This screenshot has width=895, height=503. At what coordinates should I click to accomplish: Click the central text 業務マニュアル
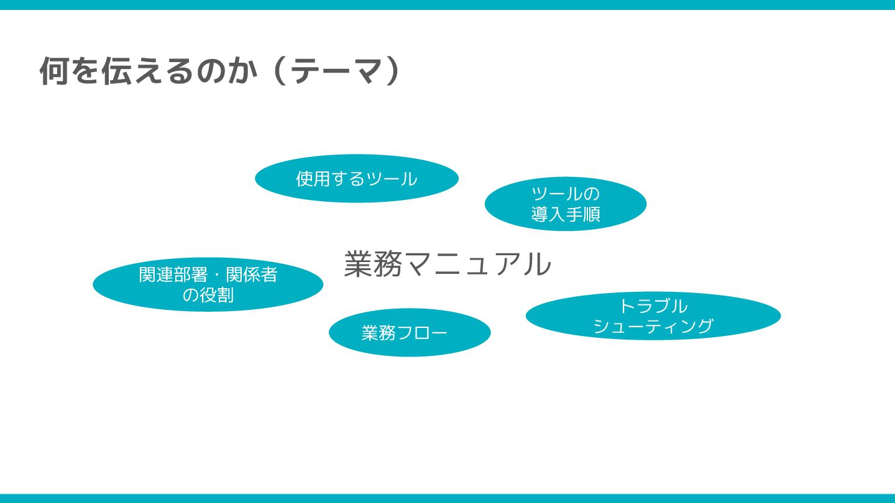click(447, 264)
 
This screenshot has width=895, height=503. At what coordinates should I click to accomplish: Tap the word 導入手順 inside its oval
click(565, 214)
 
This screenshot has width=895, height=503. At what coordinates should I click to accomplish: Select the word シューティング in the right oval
click(653, 326)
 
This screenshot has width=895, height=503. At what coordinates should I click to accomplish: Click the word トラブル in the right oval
click(653, 306)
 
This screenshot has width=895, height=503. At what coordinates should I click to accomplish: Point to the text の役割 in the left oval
click(208, 295)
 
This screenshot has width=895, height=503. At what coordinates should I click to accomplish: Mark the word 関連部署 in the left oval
click(173, 274)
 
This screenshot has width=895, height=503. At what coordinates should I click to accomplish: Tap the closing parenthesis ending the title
click(390, 71)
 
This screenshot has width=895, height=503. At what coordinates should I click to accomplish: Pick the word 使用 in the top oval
click(311, 179)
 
